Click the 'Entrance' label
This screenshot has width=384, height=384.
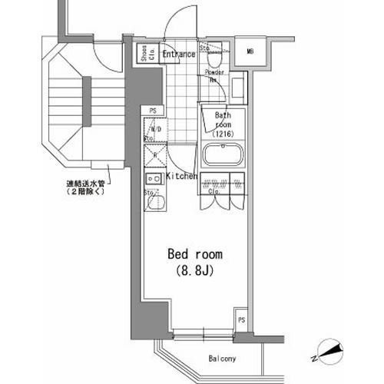(x=178, y=54)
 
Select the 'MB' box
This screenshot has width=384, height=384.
(x=250, y=52)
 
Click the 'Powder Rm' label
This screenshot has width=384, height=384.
(x=214, y=76)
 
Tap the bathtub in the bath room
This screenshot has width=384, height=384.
(x=223, y=155)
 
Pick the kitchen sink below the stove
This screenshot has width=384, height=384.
(x=155, y=205)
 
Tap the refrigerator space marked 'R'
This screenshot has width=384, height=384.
(x=155, y=155)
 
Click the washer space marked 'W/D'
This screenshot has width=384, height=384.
(x=154, y=130)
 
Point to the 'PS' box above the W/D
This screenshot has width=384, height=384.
(x=154, y=110)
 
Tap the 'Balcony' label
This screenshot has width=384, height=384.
(x=221, y=359)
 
